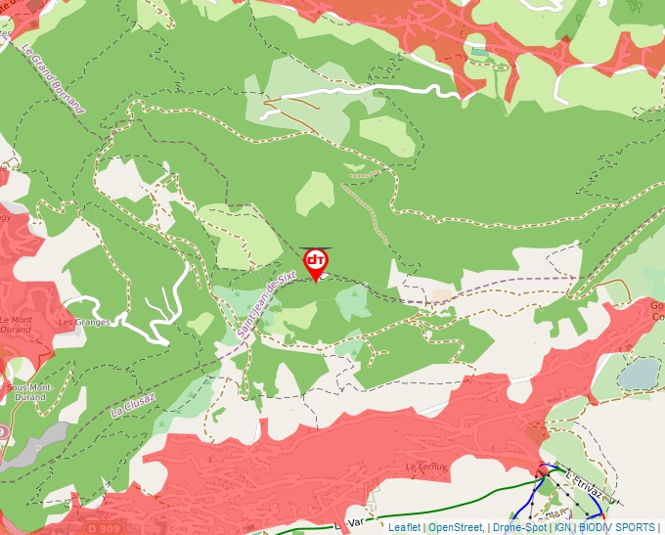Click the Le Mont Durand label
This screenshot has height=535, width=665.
coord(17,325)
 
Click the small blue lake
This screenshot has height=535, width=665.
coord(638,373)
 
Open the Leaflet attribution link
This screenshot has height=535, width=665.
coord(404,527)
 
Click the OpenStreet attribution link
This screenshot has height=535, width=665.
coord(456,527)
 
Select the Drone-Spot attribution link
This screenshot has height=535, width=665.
coord(519,527)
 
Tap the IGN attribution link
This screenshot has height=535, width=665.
coord(562,527)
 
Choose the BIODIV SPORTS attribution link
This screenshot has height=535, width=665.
coord(616,527)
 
